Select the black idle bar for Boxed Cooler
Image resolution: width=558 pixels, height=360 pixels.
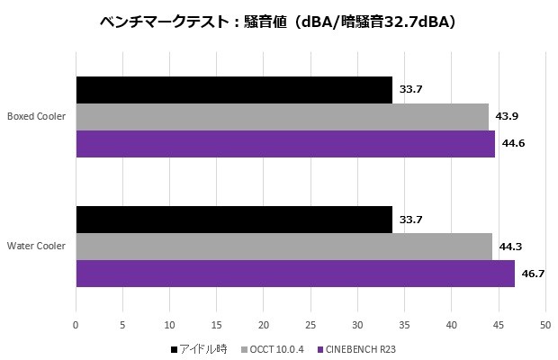(x=234, y=90)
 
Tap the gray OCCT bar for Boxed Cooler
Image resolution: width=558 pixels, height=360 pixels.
(x=282, y=117)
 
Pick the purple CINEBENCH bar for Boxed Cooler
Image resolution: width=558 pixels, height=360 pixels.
(x=285, y=144)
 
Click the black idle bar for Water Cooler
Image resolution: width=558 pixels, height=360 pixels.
(x=234, y=220)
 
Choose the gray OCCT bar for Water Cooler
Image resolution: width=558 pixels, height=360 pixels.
(x=283, y=247)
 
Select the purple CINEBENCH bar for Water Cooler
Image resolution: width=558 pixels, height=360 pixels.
(x=295, y=274)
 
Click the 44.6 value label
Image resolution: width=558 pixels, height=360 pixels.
(x=515, y=144)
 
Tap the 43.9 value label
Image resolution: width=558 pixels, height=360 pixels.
(x=508, y=117)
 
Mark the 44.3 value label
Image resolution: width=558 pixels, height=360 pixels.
(x=512, y=247)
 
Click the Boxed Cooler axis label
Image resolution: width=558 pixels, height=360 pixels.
(x=36, y=117)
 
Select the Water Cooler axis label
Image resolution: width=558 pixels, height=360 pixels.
(x=36, y=247)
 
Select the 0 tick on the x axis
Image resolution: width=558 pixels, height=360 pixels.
(x=76, y=324)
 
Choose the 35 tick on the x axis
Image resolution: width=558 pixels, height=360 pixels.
(x=404, y=324)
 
